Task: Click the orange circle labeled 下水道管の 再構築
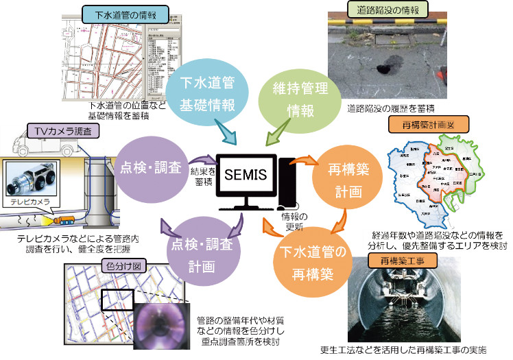307,265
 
